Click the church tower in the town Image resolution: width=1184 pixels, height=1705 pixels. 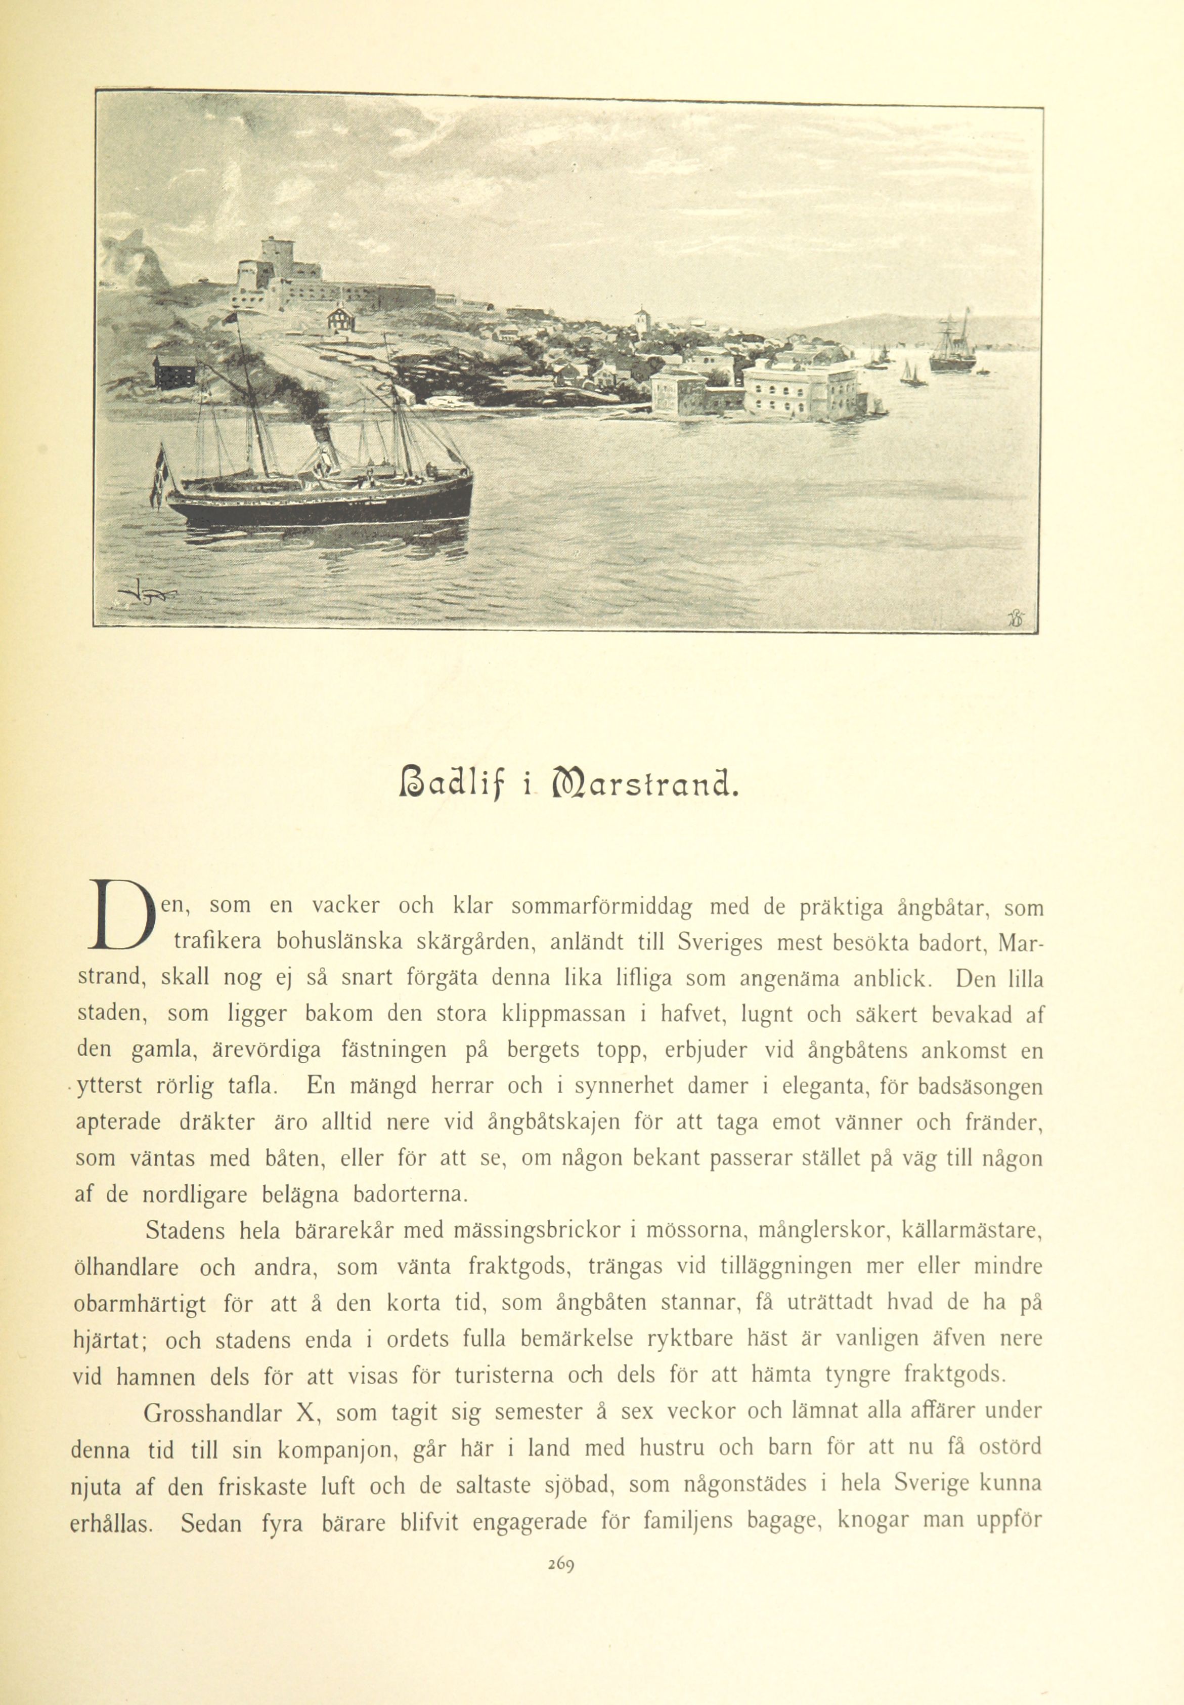[x=641, y=321]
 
